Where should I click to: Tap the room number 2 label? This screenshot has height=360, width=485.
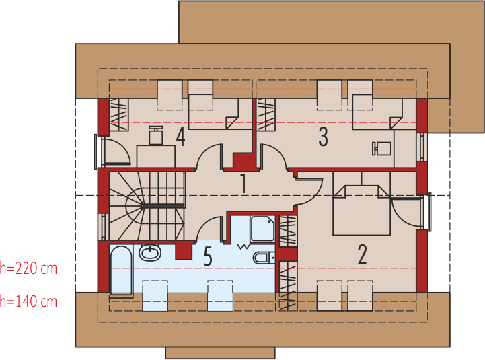point(363,254)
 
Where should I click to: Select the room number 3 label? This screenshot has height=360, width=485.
point(324,137)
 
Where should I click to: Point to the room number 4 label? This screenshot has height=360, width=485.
point(180,137)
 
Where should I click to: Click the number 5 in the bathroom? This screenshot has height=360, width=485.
point(207,256)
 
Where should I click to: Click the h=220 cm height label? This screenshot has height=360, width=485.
point(28,269)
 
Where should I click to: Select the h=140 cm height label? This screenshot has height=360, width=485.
point(28,301)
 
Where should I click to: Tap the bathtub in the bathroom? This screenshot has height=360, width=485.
point(120,271)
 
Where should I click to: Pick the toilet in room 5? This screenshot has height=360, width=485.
point(263,258)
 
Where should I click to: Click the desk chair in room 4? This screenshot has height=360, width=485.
point(156,136)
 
